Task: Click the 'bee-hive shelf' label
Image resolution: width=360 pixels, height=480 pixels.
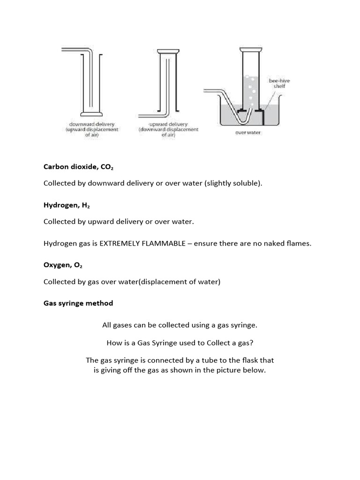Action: pos(279,83)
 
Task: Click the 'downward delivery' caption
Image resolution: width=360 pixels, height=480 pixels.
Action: pos(92,124)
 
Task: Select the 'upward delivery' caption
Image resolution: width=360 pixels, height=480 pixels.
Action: pos(168,124)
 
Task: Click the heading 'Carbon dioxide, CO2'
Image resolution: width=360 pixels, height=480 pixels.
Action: pos(75,166)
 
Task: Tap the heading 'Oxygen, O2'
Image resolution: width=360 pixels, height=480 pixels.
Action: pos(63,265)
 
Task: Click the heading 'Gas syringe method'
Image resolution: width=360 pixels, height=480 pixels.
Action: pos(78,303)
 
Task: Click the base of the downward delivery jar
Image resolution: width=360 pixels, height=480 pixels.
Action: pos(91,114)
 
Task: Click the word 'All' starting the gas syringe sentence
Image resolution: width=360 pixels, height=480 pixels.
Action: pos(107,325)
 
